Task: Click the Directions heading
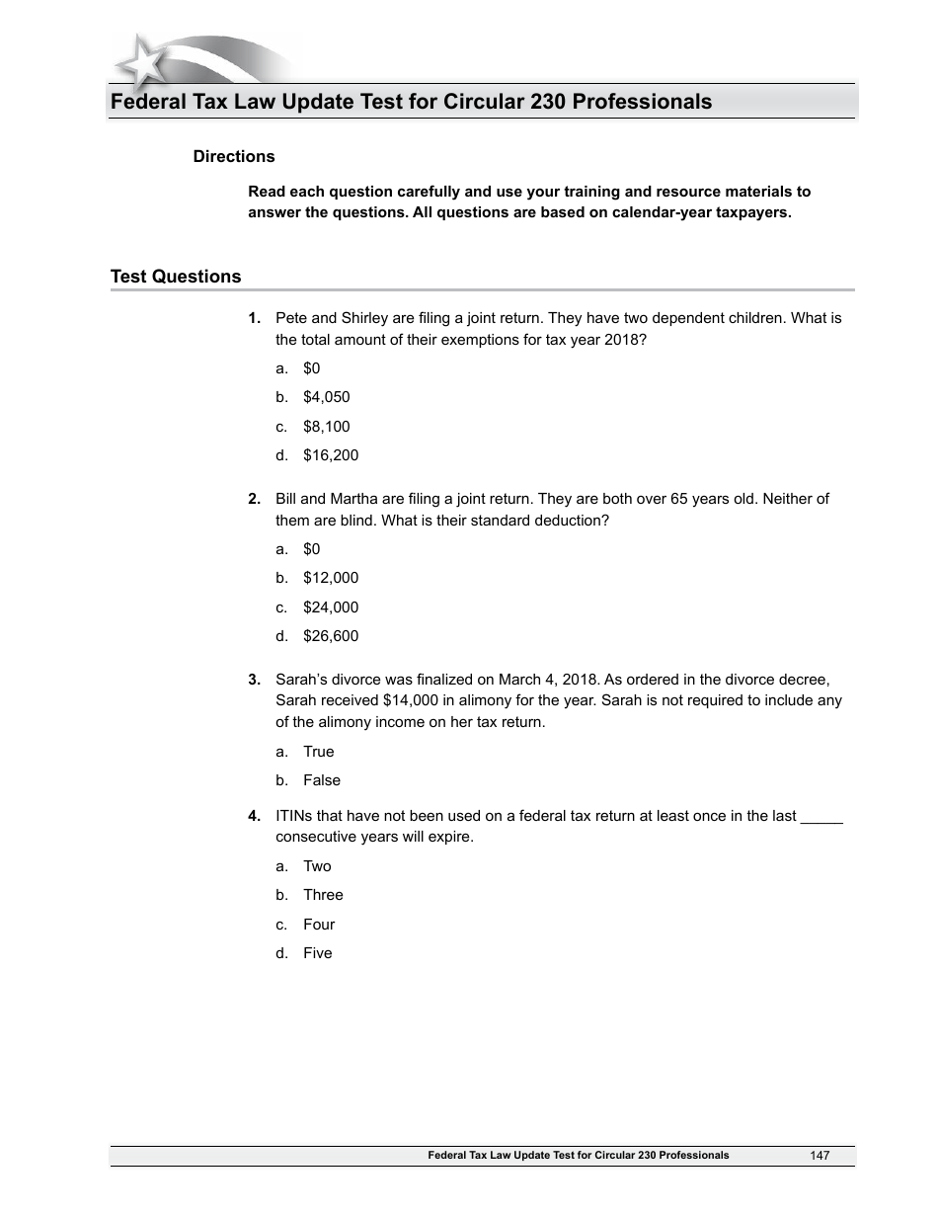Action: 234,156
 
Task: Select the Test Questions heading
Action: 176,277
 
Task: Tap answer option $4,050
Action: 327,397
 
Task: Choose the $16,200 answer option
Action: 331,455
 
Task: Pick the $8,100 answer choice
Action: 327,427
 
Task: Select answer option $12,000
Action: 331,578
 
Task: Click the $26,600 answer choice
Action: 331,636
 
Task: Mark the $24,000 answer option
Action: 331,607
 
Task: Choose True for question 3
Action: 319,752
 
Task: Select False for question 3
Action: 322,780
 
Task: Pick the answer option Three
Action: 323,895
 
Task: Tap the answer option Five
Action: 318,953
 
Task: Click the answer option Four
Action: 319,925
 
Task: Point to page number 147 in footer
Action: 820,1156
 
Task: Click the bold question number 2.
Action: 254,499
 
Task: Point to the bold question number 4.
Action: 254,816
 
